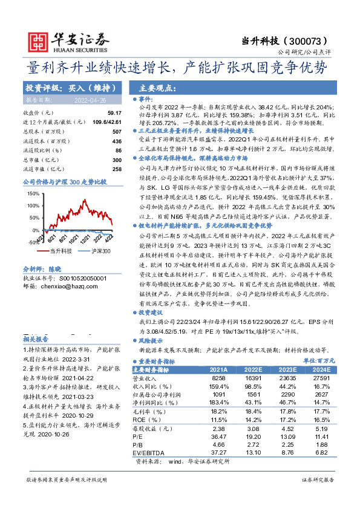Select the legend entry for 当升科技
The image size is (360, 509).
61,250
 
